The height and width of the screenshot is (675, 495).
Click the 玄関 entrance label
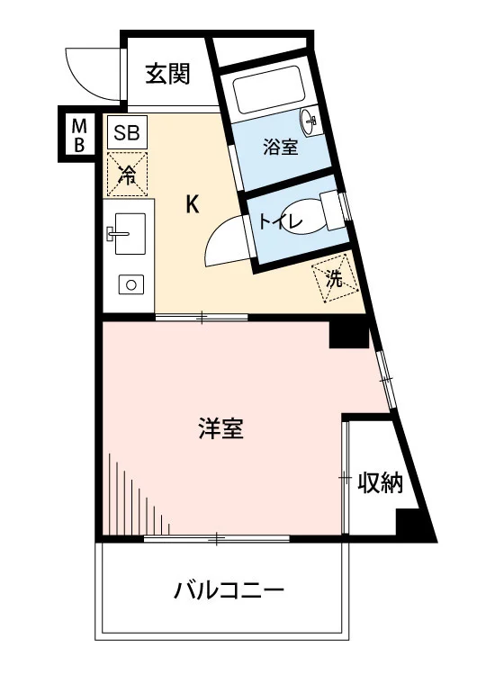(x=167, y=74)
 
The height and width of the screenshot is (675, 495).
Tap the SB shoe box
(x=127, y=132)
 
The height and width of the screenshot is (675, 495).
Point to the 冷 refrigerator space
(x=127, y=174)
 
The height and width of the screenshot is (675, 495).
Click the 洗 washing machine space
(x=335, y=279)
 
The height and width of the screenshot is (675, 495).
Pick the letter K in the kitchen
(x=193, y=204)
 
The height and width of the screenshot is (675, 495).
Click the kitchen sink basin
(x=130, y=234)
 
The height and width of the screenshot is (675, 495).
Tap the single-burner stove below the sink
(x=130, y=284)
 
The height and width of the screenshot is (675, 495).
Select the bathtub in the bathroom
(x=269, y=89)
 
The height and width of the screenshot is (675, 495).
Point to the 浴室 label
(x=281, y=148)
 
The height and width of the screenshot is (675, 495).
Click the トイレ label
(x=281, y=222)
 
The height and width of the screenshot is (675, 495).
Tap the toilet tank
(x=332, y=210)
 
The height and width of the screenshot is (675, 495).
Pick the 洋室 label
(x=220, y=428)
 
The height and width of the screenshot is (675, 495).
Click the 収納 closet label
(x=381, y=483)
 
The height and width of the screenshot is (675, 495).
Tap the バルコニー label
(x=229, y=589)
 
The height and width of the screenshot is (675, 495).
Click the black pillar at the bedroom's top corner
(x=349, y=335)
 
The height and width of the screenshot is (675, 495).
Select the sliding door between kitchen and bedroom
(x=202, y=318)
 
